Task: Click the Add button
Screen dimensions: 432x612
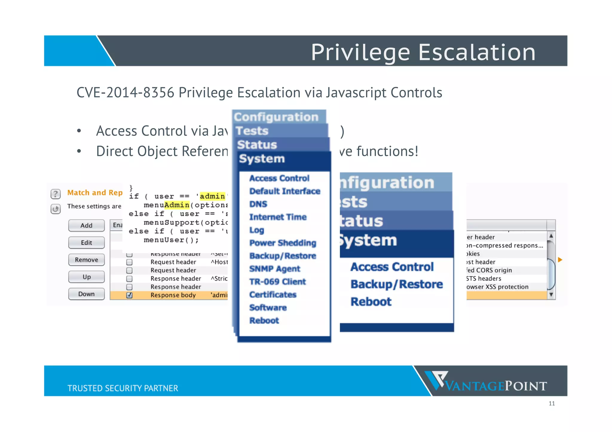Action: tap(86, 225)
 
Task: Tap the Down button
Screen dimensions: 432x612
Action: tap(86, 294)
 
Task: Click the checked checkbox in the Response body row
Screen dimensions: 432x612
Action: tap(129, 295)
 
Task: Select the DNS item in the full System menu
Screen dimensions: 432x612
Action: tap(258, 204)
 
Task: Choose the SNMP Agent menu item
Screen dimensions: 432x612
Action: tap(275, 269)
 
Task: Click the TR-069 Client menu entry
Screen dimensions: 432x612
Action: tap(277, 282)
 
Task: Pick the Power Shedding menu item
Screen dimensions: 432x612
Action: tap(282, 243)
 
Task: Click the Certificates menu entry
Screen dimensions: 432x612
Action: tap(273, 295)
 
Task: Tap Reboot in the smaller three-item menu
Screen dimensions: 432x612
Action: tap(371, 302)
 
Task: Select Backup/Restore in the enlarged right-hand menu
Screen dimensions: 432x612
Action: tap(397, 284)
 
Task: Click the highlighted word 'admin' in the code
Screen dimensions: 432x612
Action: tap(212, 196)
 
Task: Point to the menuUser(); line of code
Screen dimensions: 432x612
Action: tap(171, 240)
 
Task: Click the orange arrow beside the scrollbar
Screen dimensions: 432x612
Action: tap(560, 260)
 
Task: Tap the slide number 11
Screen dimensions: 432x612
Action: tap(552, 404)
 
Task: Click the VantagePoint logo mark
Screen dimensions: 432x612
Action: tap(436, 380)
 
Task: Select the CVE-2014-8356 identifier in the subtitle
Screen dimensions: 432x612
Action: tap(125, 93)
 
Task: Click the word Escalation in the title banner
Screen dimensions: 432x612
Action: tap(477, 52)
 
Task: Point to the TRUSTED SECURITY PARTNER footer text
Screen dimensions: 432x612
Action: tap(123, 388)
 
